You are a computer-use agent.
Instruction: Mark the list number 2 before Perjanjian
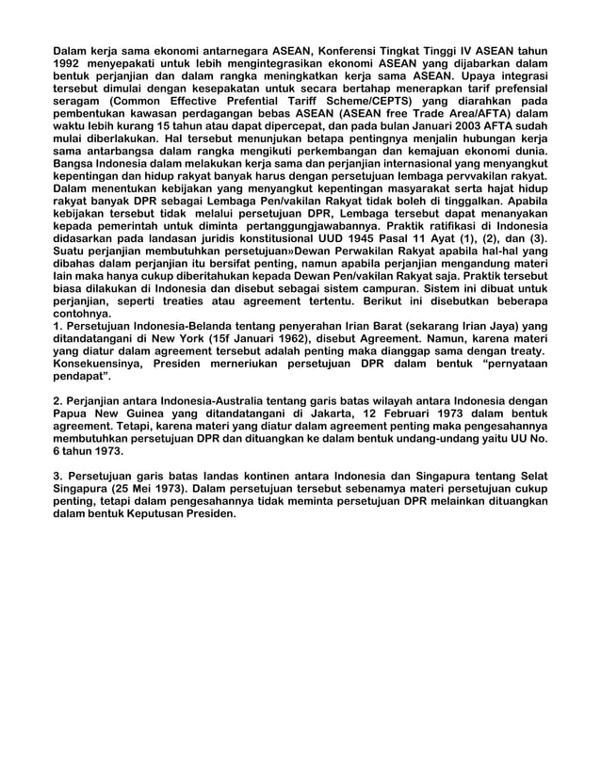(57, 402)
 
